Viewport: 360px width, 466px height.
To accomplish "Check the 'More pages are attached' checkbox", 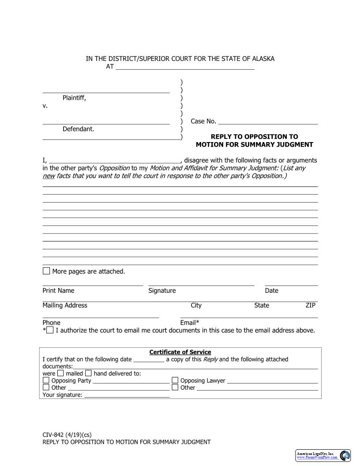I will coord(46,271).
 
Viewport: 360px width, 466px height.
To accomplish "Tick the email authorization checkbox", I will coord(50,330).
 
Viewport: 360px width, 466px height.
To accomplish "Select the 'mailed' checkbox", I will coord(60,373).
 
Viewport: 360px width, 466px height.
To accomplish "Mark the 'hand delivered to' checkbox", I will coord(88,373).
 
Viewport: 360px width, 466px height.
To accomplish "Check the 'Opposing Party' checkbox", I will coord(46,380).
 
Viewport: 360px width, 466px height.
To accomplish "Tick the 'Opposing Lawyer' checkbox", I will coord(175,380).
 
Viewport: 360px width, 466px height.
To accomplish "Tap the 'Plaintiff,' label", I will coord(75,98).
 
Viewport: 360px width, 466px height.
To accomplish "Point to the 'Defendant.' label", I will coord(79,129).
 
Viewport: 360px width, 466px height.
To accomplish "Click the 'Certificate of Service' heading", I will coord(180,352).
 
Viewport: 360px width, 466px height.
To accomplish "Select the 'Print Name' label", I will coord(58,290).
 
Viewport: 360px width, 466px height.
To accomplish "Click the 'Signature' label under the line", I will coord(162,290).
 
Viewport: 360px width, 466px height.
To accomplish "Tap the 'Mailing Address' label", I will coord(65,305).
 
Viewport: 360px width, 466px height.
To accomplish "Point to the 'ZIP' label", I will coord(311,305).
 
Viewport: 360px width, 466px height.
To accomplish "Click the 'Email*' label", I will coord(190,323).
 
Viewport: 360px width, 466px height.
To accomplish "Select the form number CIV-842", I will coord(53,434).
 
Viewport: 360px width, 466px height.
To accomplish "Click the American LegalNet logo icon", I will coord(345,455).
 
